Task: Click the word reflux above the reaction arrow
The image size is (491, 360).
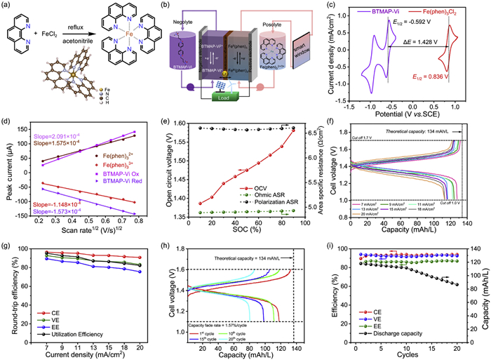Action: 76,32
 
